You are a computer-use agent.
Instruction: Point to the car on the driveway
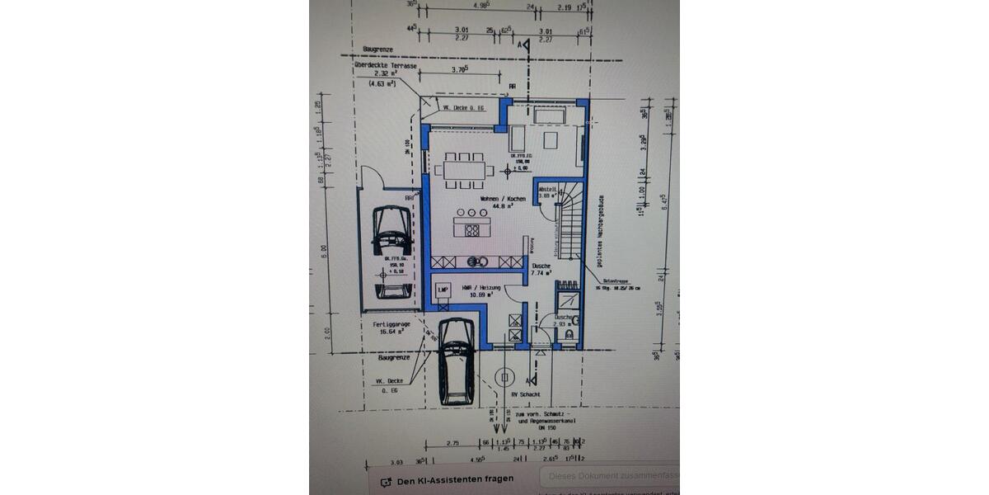[455, 359]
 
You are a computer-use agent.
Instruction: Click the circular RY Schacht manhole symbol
[500, 378]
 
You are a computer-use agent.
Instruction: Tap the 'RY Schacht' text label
[525, 394]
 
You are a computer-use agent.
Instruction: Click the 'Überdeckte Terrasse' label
[383, 65]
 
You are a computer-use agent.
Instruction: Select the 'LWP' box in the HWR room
[443, 290]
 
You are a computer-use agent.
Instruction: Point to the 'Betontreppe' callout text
[615, 283]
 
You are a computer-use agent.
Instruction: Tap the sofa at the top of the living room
[546, 114]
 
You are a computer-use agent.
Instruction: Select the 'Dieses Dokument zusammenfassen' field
[611, 476]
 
